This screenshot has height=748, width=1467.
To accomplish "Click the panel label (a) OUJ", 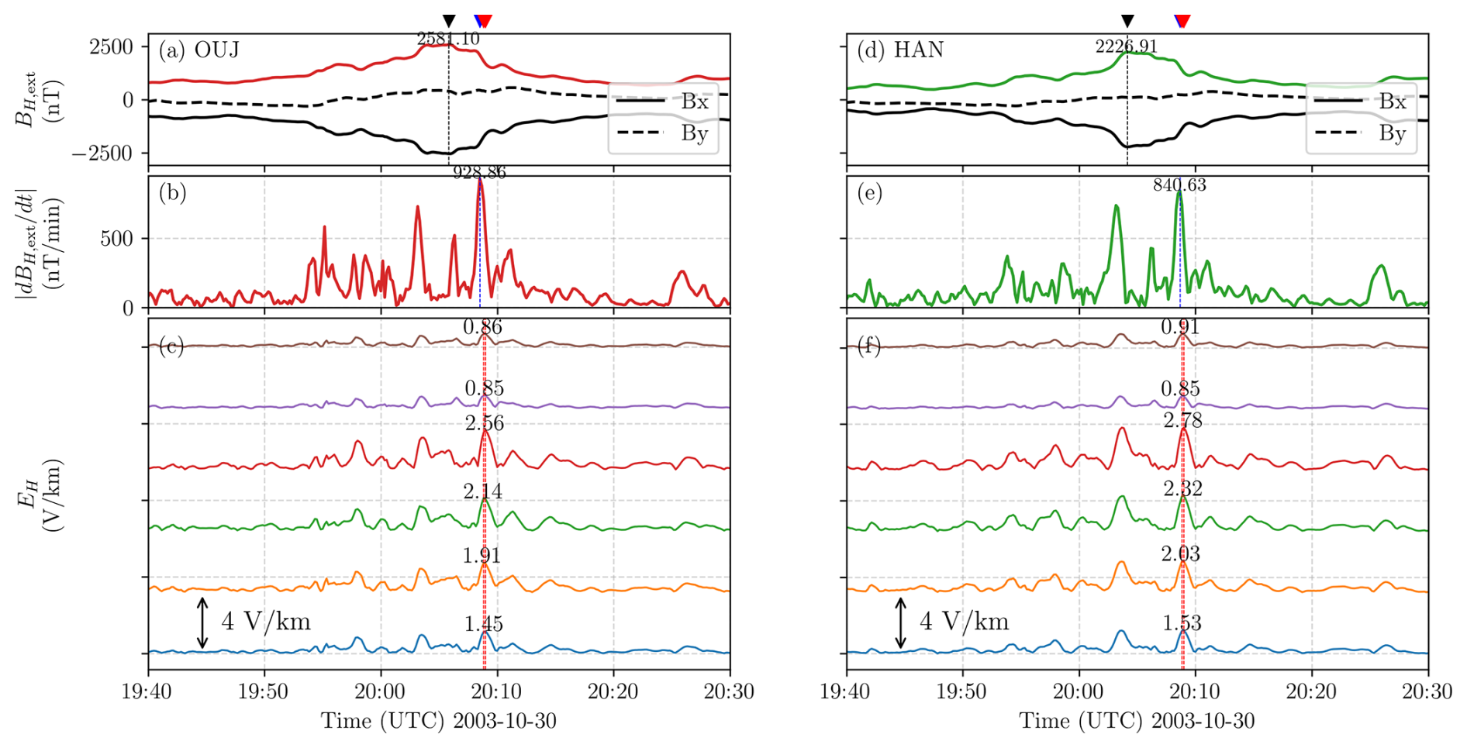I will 198,50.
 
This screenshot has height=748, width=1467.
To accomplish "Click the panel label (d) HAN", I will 899,50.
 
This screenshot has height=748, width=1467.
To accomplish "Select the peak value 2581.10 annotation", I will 448,39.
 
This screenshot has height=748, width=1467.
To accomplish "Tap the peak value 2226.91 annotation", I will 1126,47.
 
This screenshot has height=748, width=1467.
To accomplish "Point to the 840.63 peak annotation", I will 1179,185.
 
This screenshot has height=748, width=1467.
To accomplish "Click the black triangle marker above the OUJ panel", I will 448,21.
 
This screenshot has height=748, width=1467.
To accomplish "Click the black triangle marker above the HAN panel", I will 1127,21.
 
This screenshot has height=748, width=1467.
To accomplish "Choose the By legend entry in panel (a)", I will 695,133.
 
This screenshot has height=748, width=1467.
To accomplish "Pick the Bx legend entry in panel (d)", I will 1393,102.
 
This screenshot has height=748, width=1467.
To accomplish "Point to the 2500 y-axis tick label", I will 112,47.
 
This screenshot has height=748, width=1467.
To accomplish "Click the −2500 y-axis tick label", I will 102,153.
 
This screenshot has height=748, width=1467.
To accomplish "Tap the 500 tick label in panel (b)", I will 116,239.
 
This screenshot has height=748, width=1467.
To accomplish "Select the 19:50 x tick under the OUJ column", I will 264,691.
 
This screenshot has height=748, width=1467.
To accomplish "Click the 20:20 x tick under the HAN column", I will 1311,691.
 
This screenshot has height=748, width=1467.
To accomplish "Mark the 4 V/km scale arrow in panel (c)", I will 202,622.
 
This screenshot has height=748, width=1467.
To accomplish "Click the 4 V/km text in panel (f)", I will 965,622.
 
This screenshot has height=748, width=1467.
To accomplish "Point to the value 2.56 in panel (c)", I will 484,423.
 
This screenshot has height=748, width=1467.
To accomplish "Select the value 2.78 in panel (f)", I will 1182,421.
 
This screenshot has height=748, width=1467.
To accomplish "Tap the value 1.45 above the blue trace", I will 483,624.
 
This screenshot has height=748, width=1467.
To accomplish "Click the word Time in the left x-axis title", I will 347,721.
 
